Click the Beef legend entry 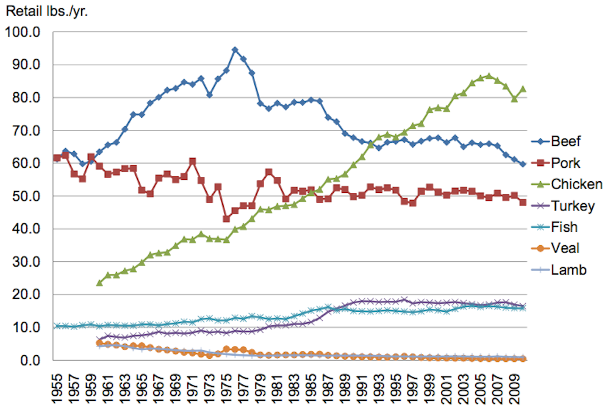point(565,142)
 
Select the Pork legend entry point(564,163)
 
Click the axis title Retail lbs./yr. point(46,10)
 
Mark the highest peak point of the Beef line point(235,50)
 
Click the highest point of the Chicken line point(489,76)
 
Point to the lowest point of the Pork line point(226,218)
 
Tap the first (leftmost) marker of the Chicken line point(99,283)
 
